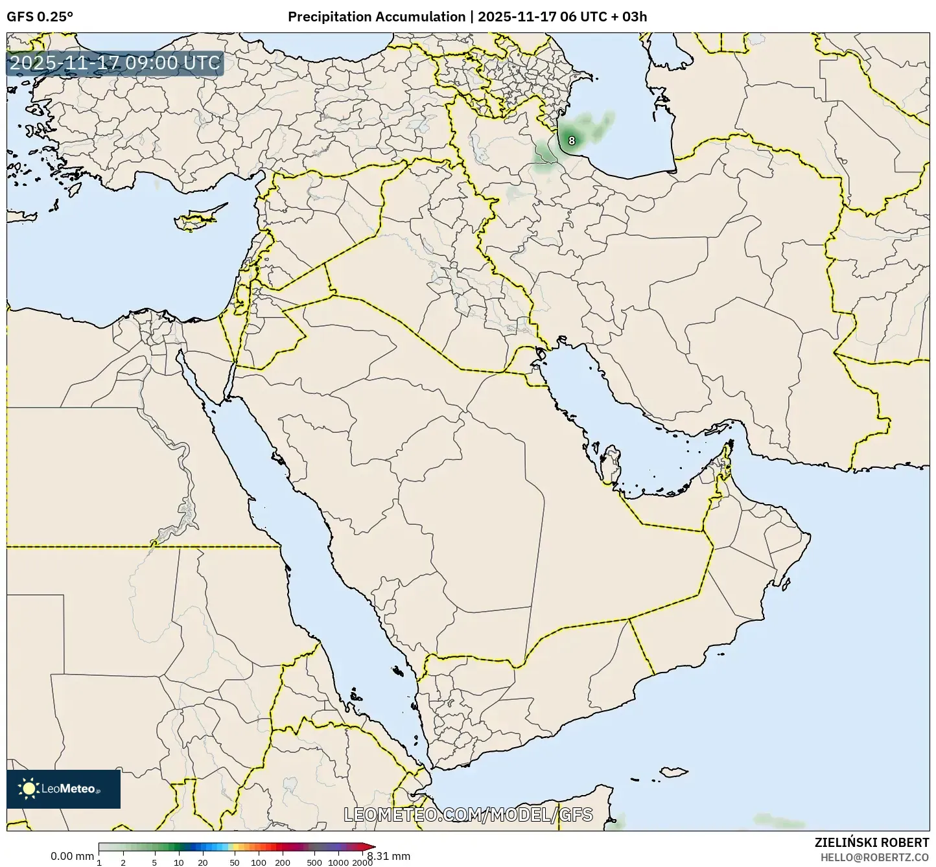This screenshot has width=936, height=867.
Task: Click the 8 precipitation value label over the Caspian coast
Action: tap(571, 140)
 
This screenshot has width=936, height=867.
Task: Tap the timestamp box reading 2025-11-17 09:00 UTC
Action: tap(115, 64)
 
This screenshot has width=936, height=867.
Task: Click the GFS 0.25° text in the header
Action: tap(40, 17)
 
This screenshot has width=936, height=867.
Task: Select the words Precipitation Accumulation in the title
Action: tap(377, 17)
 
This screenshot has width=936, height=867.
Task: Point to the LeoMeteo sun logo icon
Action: tap(29, 789)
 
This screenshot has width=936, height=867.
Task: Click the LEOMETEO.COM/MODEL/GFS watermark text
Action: tap(468, 815)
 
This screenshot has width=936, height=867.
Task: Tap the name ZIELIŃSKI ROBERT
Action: tap(872, 842)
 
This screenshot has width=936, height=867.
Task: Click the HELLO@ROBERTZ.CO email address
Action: tap(874, 857)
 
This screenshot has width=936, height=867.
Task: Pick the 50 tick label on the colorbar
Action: tap(235, 862)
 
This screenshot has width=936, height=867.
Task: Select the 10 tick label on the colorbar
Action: tap(179, 862)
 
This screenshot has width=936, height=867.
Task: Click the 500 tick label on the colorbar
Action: tap(314, 862)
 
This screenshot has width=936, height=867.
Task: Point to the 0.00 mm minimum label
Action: tap(72, 856)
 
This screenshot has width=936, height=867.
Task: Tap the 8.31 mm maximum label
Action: tap(388, 856)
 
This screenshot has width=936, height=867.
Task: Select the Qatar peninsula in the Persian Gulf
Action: tap(610, 463)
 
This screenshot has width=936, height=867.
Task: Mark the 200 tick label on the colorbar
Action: tap(282, 862)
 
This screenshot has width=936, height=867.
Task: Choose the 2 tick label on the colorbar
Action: tap(123, 862)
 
